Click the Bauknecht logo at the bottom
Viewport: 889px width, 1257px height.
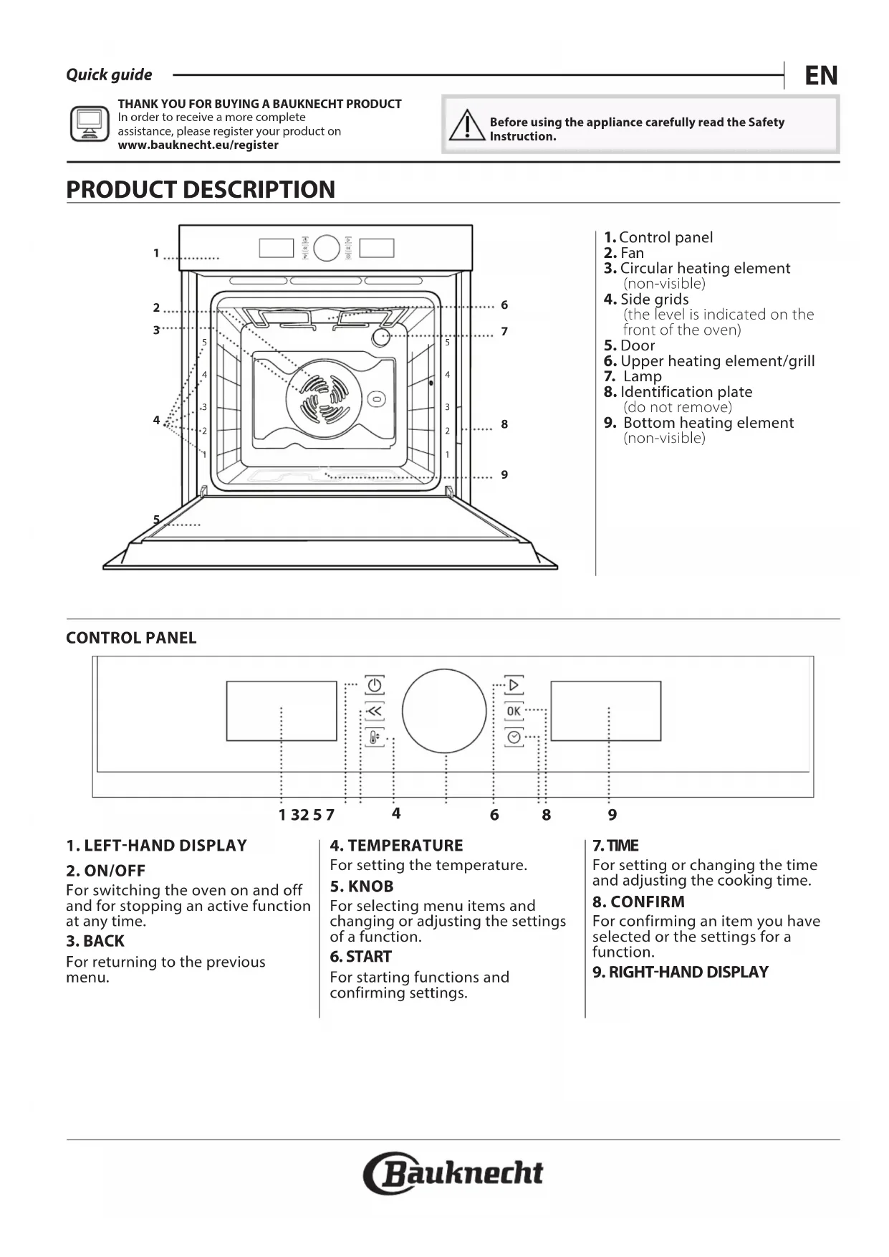(x=453, y=1173)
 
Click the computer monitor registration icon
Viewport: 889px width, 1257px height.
(x=90, y=123)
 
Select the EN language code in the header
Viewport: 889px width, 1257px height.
(x=821, y=75)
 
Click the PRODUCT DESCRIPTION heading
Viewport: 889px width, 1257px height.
(x=201, y=189)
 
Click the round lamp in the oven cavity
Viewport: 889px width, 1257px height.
(x=380, y=337)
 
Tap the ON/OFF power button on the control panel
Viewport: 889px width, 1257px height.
(x=374, y=685)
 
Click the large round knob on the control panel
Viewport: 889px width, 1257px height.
(x=444, y=711)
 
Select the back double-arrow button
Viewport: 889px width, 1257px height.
(x=374, y=711)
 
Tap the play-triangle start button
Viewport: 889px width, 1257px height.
(x=514, y=685)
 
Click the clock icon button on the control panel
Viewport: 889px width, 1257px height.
(x=514, y=737)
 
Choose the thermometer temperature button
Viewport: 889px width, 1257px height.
(x=374, y=737)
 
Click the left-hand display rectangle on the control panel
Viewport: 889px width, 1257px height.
(x=282, y=710)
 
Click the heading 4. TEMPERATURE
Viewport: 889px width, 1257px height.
(x=396, y=846)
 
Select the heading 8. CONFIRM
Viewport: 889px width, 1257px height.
(x=638, y=902)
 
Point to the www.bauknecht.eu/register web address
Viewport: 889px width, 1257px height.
(x=198, y=145)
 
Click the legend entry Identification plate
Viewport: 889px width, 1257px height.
(x=686, y=392)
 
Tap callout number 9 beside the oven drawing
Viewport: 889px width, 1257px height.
(x=504, y=474)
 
